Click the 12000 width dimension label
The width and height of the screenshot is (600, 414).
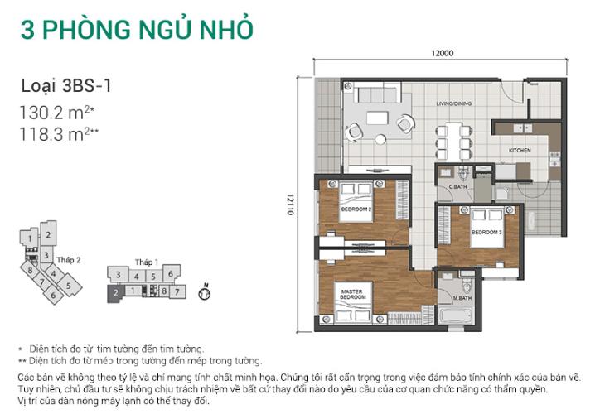(442, 54)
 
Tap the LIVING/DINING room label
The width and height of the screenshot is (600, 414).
(454, 103)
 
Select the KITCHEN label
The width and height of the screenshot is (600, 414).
(520, 150)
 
